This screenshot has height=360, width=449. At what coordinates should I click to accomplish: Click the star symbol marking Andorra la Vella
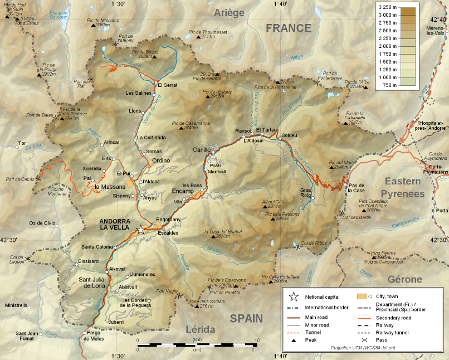(141, 229)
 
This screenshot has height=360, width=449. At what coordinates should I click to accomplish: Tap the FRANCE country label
(288, 28)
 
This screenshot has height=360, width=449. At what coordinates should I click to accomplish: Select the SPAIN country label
(246, 318)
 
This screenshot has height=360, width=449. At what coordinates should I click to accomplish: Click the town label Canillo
(202, 150)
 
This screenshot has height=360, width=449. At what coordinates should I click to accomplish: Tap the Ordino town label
(161, 160)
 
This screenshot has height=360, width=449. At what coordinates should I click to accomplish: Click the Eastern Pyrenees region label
(404, 187)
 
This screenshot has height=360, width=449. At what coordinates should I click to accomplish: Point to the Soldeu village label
(290, 135)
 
